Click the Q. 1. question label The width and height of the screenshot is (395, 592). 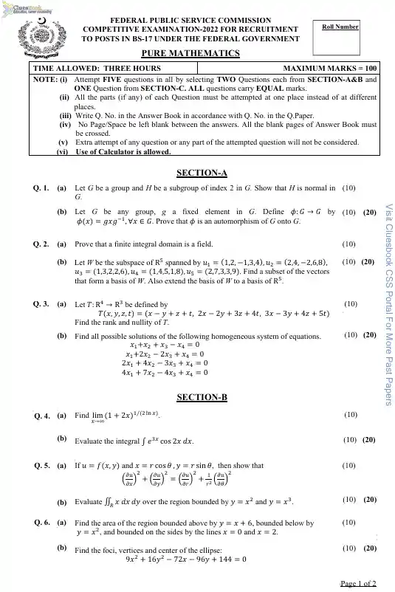41,189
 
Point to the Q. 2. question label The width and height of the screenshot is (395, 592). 41,243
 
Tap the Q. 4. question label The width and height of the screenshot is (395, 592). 41,416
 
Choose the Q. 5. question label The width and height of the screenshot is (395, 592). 41,466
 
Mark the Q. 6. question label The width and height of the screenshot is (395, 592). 41,521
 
